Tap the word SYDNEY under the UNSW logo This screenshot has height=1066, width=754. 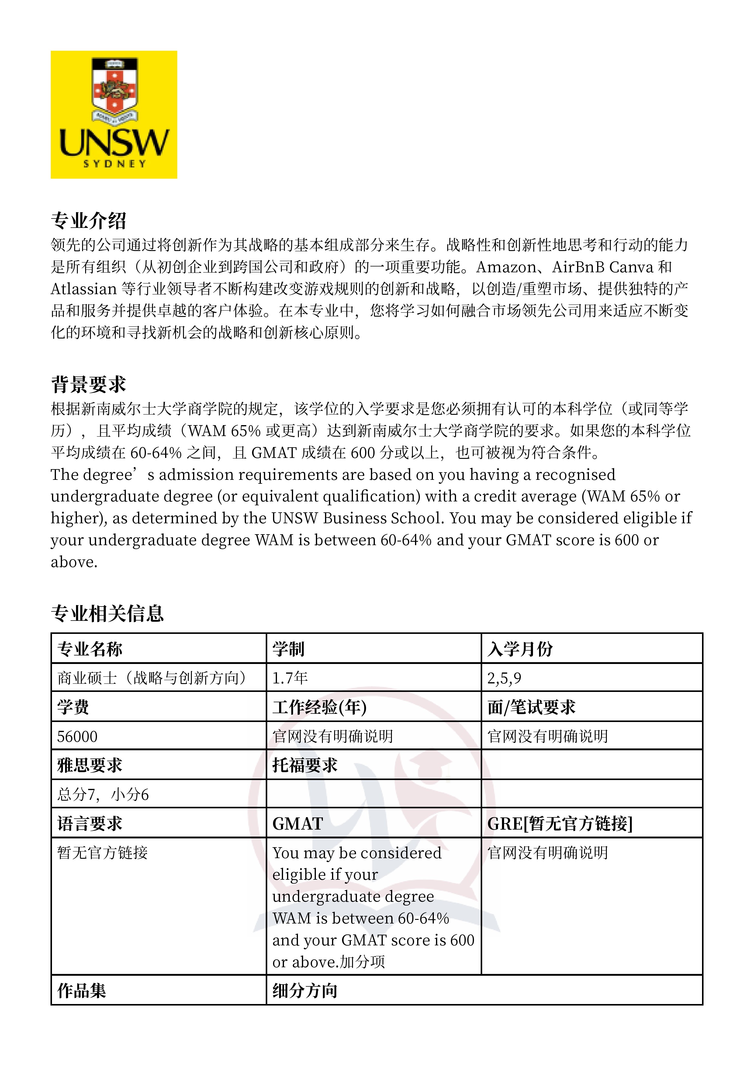click(114, 163)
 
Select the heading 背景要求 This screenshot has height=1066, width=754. click(88, 384)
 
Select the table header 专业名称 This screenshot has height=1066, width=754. click(90, 648)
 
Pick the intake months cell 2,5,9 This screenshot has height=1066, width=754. click(504, 678)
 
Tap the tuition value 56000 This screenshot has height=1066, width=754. click(77, 736)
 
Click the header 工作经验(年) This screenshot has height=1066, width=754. click(319, 707)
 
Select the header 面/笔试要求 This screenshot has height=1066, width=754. click(531, 707)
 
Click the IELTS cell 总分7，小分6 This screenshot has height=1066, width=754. click(103, 794)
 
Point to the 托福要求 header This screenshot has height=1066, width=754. click(304, 765)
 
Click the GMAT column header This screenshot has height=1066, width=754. click(297, 824)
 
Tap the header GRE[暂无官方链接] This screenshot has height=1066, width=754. click(559, 824)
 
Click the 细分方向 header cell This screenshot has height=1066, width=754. click(304, 990)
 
